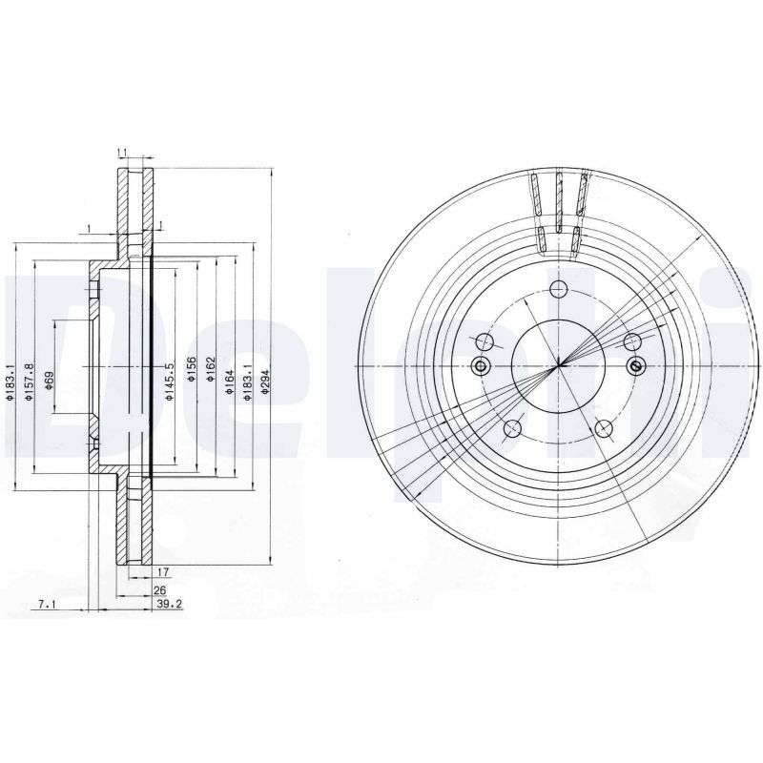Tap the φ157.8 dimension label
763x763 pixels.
point(30,381)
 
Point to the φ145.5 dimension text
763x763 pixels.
point(169,381)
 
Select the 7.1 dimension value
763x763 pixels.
point(47,604)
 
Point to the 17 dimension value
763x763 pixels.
point(162,574)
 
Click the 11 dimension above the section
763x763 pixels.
point(123,154)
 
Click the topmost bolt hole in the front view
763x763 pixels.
point(560,291)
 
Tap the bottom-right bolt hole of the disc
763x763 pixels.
point(602,429)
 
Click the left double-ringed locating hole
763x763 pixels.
point(480,365)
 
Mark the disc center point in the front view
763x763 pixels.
point(560,364)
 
